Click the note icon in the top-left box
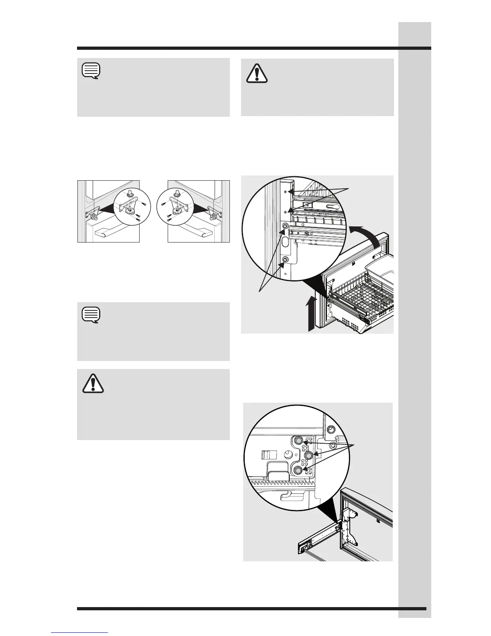pyautogui.click(x=91, y=71)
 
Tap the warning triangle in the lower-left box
pyautogui.click(x=93, y=383)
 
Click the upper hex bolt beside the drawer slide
pyautogui.click(x=285, y=227)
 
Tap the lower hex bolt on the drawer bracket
pyautogui.click(x=285, y=260)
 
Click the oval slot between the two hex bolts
pyautogui.click(x=285, y=243)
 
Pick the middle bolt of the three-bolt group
pyautogui.click(x=309, y=455)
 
